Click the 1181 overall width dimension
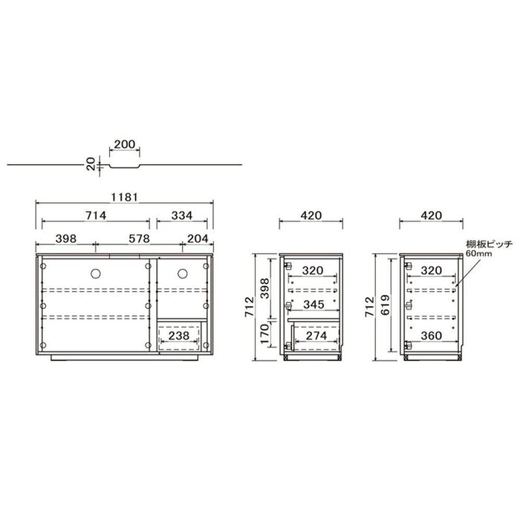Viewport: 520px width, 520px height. (x=124, y=197)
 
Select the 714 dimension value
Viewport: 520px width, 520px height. (x=96, y=215)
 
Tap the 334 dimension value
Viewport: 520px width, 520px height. (x=182, y=215)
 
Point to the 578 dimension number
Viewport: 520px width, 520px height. (x=139, y=238)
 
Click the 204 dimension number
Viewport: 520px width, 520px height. (x=198, y=238)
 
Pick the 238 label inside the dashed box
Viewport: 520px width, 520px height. (x=179, y=336)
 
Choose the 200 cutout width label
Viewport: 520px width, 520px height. (x=125, y=144)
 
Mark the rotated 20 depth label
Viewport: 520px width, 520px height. (x=91, y=164)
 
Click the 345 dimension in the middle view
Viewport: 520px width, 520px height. (x=313, y=304)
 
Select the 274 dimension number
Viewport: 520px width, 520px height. (x=316, y=336)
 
